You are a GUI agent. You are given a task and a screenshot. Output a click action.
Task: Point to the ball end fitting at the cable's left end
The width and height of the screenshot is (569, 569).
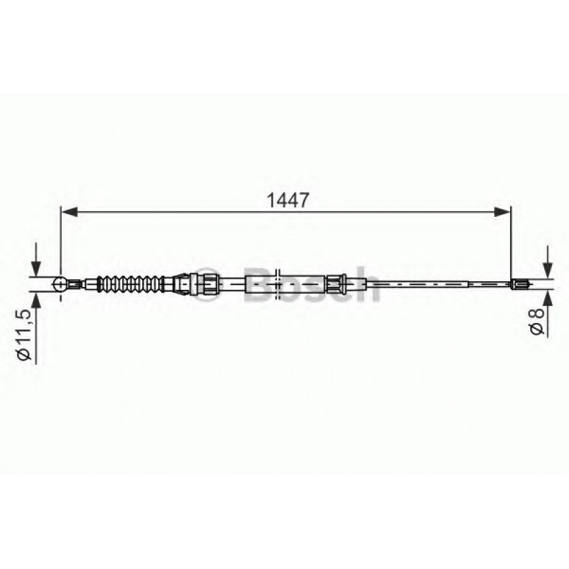(x=62, y=285)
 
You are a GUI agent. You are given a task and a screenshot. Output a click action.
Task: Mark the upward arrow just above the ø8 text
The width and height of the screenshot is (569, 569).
(x=546, y=296)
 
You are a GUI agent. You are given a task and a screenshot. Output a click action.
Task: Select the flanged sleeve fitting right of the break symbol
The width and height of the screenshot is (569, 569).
(x=334, y=284)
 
